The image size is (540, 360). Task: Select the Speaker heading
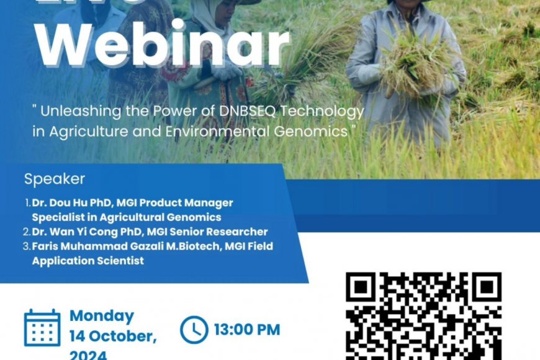55,179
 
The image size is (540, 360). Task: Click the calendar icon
42,328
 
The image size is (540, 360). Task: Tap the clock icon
194,330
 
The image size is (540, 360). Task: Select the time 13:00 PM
247,330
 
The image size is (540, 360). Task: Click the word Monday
102,315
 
